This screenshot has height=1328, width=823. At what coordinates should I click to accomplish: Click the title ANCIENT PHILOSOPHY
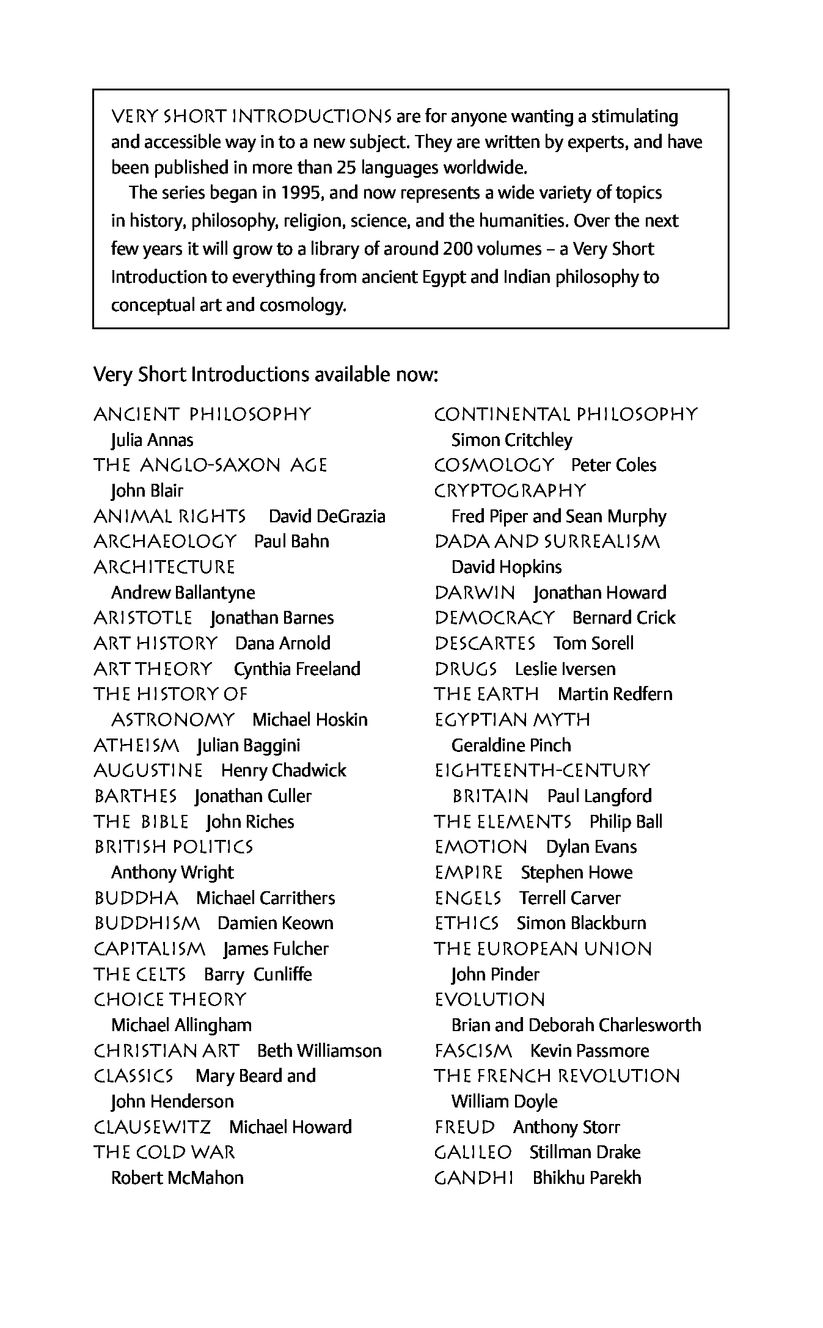(202, 415)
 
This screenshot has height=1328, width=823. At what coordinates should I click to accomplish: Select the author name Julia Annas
(152, 440)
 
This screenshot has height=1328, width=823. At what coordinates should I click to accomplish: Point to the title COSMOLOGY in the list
(494, 465)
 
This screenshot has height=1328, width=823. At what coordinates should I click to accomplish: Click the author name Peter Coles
(613, 465)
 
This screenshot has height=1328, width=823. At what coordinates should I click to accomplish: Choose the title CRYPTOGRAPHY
(510, 491)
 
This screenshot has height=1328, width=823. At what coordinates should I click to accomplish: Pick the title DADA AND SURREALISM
(547, 542)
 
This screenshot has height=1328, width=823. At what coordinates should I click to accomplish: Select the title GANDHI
(474, 1178)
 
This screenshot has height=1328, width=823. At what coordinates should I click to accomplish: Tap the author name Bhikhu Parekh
(587, 1178)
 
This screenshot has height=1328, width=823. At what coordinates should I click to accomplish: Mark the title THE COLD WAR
(164, 1153)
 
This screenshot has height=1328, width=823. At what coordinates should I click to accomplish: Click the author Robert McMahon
(177, 1178)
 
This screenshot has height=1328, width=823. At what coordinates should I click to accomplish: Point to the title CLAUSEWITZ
(152, 1127)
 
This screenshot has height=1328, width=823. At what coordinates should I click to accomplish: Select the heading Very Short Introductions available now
(266, 374)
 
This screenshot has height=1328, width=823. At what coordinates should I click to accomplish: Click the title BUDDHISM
(147, 924)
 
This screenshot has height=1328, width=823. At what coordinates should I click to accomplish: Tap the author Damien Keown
(276, 924)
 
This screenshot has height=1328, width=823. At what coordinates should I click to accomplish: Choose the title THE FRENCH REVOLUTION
(557, 1076)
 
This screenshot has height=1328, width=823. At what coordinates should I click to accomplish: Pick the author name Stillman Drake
(585, 1153)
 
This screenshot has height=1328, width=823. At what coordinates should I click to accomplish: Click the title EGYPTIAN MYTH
(512, 720)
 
